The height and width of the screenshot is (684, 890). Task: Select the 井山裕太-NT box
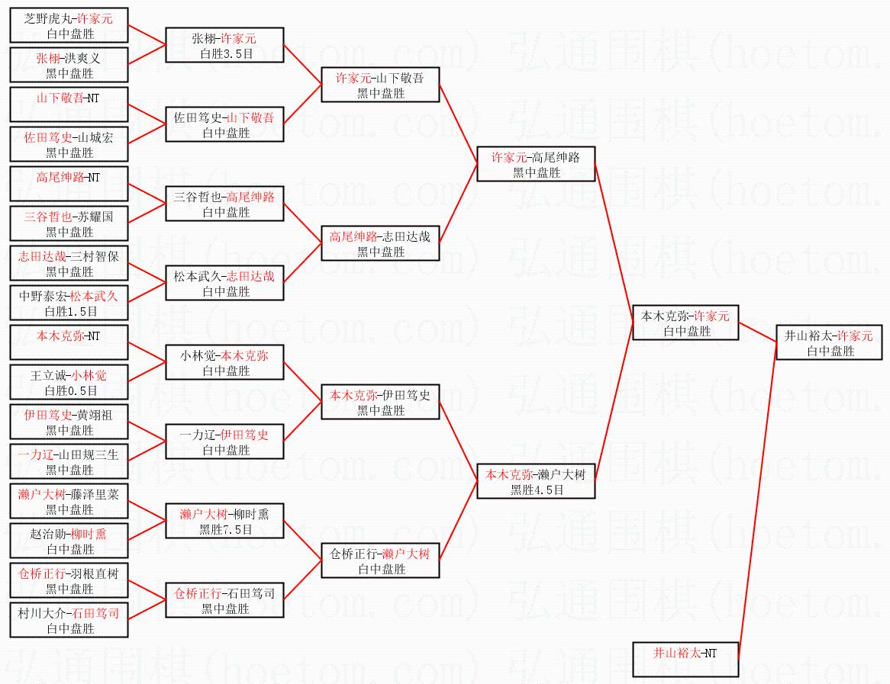[x=685, y=660]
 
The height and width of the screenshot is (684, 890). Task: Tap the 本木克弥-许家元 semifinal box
[x=685, y=323]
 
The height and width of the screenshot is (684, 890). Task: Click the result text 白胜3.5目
[x=225, y=54]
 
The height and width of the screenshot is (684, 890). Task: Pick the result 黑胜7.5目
[x=225, y=530]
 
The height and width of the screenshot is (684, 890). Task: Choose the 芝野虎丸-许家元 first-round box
[x=69, y=26]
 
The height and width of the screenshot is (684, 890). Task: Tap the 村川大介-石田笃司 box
[x=69, y=621]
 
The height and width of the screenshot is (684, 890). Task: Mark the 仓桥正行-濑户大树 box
[x=380, y=561]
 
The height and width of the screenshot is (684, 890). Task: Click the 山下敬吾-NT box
[x=69, y=105]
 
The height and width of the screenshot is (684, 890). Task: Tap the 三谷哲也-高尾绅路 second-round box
[x=225, y=204]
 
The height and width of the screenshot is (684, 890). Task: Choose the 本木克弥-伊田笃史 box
[x=380, y=403]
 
